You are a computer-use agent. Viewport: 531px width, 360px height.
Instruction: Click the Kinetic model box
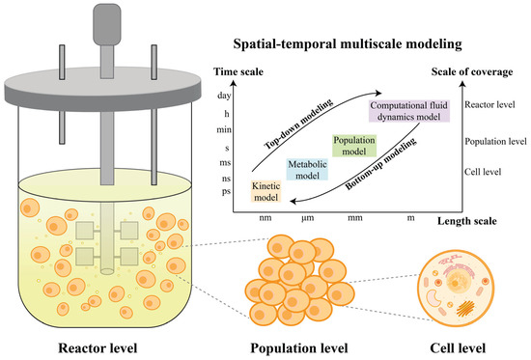pyautogui.click(x=264, y=192)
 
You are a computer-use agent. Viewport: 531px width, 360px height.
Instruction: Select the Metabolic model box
pyautogui.click(x=309, y=170)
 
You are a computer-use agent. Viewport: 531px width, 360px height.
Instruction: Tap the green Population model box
pyautogui.click(x=353, y=145)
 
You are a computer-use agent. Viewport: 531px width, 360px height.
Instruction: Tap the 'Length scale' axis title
pyautogui.click(x=466, y=221)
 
